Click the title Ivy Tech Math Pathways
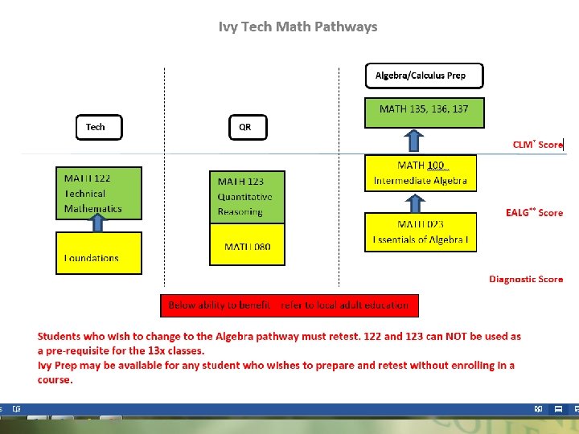(x=298, y=27)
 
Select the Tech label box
(x=99, y=127)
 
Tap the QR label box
(x=246, y=127)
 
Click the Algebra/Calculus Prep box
(x=425, y=76)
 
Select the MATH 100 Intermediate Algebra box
(x=421, y=173)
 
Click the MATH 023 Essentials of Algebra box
(x=421, y=232)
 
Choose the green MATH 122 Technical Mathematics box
(x=98, y=193)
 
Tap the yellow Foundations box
(x=98, y=252)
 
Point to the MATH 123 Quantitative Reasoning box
(x=246, y=197)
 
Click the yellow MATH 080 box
(x=246, y=244)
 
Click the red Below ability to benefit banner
(x=289, y=305)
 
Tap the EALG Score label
(x=534, y=212)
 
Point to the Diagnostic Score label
(x=526, y=279)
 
